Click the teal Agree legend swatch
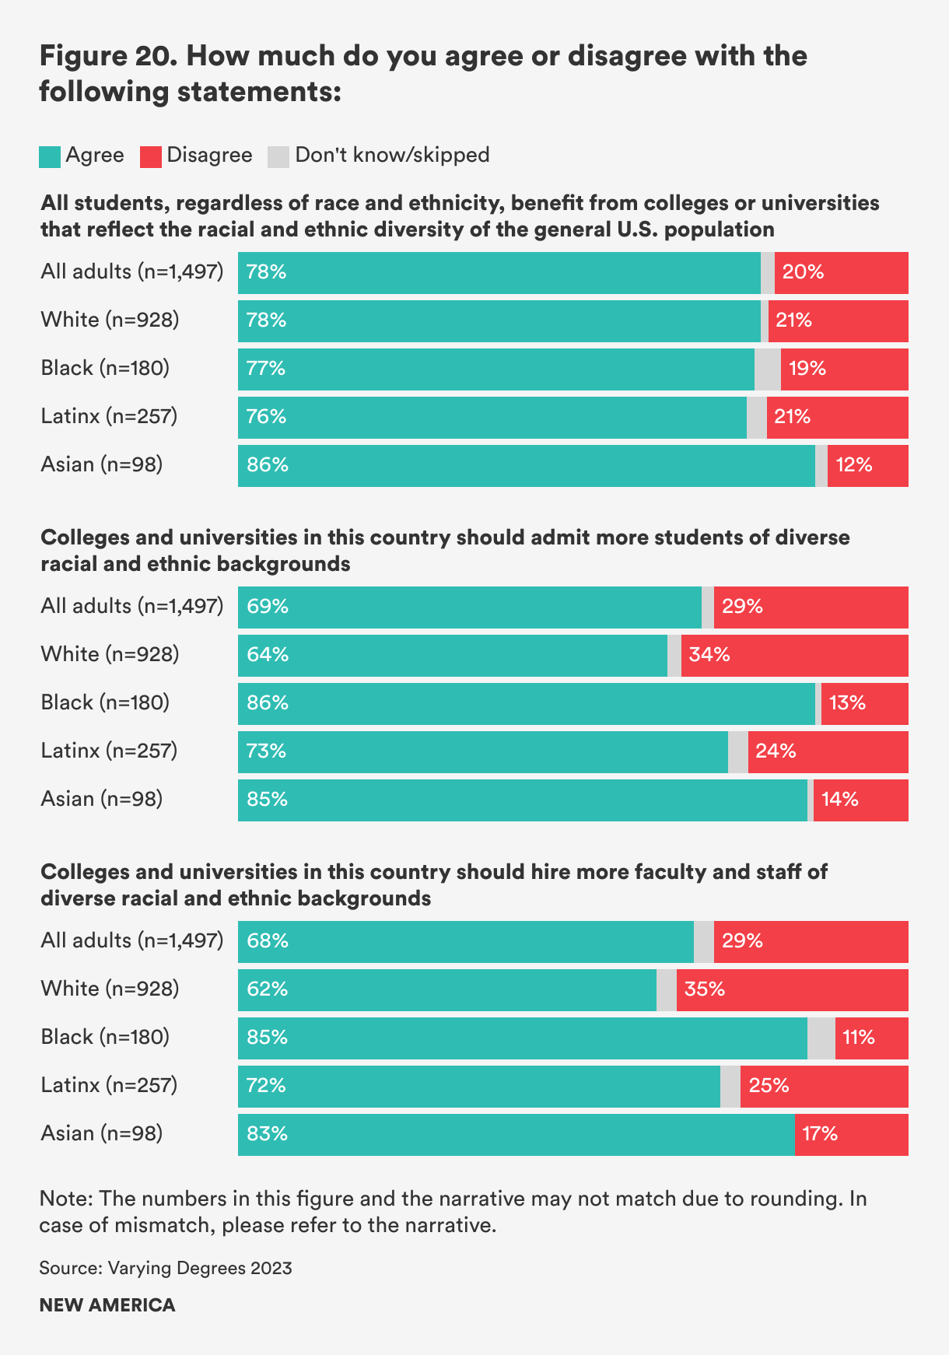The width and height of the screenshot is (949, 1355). coord(50,156)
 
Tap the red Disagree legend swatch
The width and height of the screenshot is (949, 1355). coord(151,156)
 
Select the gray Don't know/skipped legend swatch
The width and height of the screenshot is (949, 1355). coord(278,156)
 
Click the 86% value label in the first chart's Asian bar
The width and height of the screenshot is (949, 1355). coord(268,465)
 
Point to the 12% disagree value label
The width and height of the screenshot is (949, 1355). coord(854,465)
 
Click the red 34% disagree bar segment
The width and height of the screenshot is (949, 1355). coord(794,655)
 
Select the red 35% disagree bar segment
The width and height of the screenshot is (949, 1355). coord(792,989)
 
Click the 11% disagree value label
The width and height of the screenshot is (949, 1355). coord(859,1038)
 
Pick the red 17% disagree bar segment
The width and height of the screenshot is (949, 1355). coord(851,1134)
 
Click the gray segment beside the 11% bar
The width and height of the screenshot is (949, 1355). coord(821,1038)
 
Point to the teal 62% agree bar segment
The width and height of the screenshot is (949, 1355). coord(447,989)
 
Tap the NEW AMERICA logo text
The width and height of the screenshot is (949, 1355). coord(107,1304)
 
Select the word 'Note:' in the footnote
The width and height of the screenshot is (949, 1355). coord(66,1199)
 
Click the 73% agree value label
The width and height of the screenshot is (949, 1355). coord(267,751)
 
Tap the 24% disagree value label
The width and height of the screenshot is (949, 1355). coord(776,751)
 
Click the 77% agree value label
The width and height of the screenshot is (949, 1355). coord(266,369)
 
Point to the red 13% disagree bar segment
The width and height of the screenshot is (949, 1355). coord(864,703)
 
